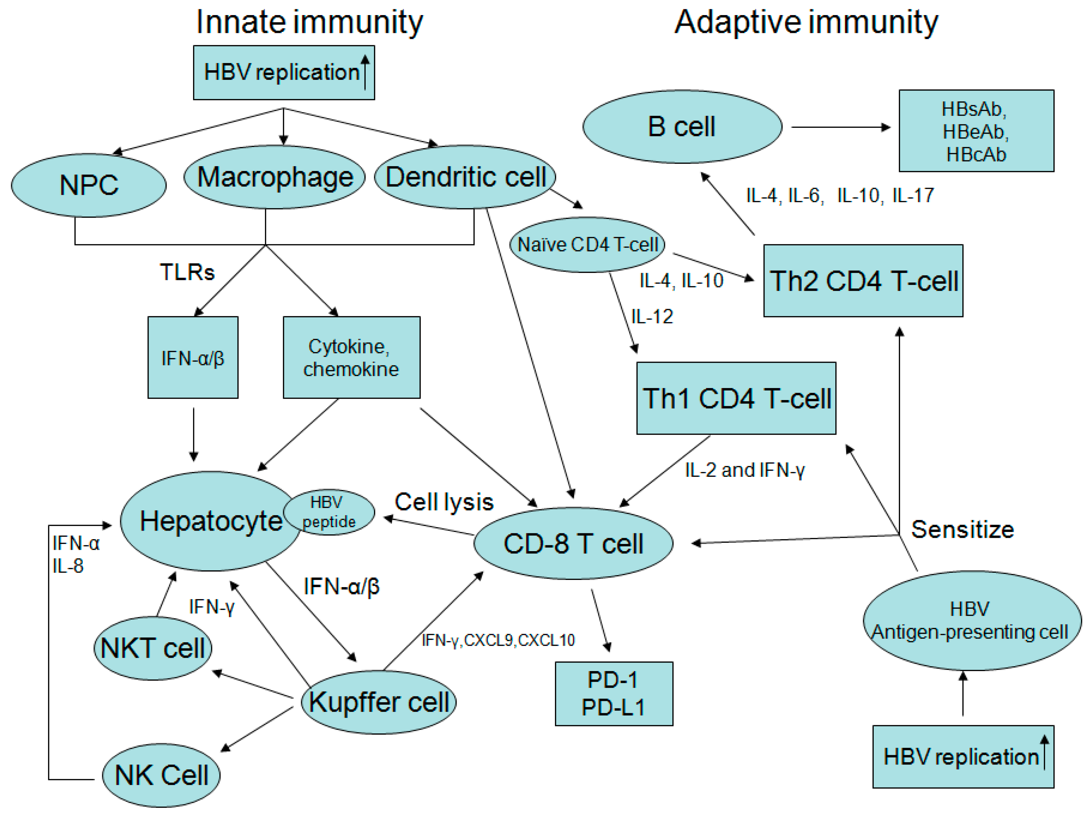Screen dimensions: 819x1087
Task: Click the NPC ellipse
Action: (x=88, y=185)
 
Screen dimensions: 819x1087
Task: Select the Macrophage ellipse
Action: (x=274, y=177)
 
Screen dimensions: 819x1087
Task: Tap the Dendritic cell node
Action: (x=465, y=177)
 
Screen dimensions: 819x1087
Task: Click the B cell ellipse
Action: (x=682, y=127)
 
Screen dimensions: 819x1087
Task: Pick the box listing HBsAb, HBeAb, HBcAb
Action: (x=976, y=131)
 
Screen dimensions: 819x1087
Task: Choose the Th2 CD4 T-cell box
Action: (x=863, y=281)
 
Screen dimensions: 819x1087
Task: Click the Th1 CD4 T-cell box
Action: (x=736, y=398)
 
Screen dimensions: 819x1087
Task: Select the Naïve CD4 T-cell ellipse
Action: (x=587, y=244)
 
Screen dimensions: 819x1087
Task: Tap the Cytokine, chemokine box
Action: (x=351, y=357)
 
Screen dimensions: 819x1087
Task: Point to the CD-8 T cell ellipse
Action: (x=573, y=543)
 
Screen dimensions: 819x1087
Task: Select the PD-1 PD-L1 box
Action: (x=614, y=694)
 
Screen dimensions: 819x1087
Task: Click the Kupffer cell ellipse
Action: (x=378, y=702)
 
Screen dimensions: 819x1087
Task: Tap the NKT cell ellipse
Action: (x=153, y=648)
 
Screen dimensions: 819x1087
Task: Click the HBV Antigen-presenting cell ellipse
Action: (x=972, y=620)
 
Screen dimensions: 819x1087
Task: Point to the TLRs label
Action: (x=187, y=272)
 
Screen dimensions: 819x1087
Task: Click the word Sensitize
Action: (x=962, y=530)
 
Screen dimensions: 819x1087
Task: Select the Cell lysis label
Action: (x=444, y=502)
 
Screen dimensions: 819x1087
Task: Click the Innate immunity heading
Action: (x=309, y=23)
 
